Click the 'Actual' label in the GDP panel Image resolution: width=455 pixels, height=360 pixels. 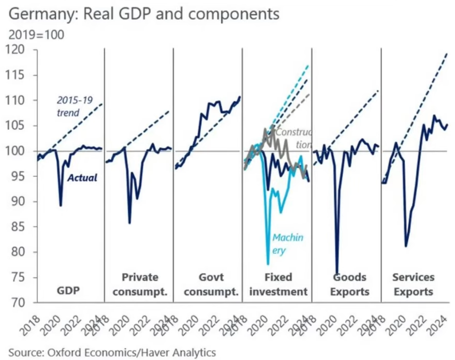click(82, 178)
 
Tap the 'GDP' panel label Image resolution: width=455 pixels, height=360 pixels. click(68, 291)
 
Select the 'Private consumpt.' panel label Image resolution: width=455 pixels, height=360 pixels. click(139, 284)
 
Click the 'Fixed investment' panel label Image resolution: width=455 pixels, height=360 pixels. click(278, 284)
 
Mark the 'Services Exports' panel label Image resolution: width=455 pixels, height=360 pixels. click(413, 284)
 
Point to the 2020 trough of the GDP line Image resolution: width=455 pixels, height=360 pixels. click(61, 205)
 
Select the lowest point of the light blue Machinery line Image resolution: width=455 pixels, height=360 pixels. click(268, 264)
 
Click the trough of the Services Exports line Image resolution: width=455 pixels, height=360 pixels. click(406, 246)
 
